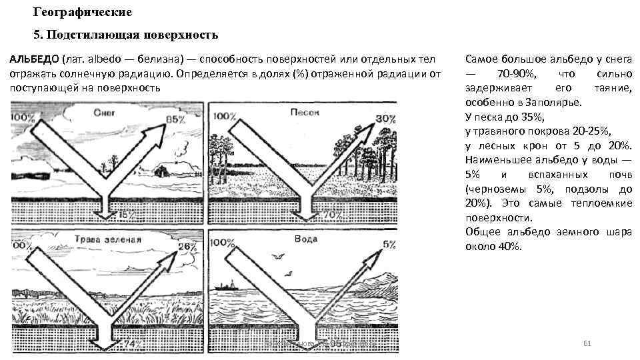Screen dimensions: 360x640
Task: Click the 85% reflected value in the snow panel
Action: click(176, 120)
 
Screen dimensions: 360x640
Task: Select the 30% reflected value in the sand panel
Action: click(385, 119)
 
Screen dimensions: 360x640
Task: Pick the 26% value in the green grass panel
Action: click(187, 247)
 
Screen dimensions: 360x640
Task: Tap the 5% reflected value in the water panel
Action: click(389, 245)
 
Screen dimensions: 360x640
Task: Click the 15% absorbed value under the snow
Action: click(127, 215)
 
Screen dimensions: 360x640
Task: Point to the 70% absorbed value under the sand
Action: click(333, 215)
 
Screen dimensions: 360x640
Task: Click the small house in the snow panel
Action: click(161, 170)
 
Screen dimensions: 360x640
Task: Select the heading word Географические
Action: click(82, 13)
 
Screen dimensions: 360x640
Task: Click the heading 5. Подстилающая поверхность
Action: click(125, 34)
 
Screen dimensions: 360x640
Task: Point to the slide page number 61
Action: click(587, 343)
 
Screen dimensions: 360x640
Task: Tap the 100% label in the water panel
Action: click(223, 243)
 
